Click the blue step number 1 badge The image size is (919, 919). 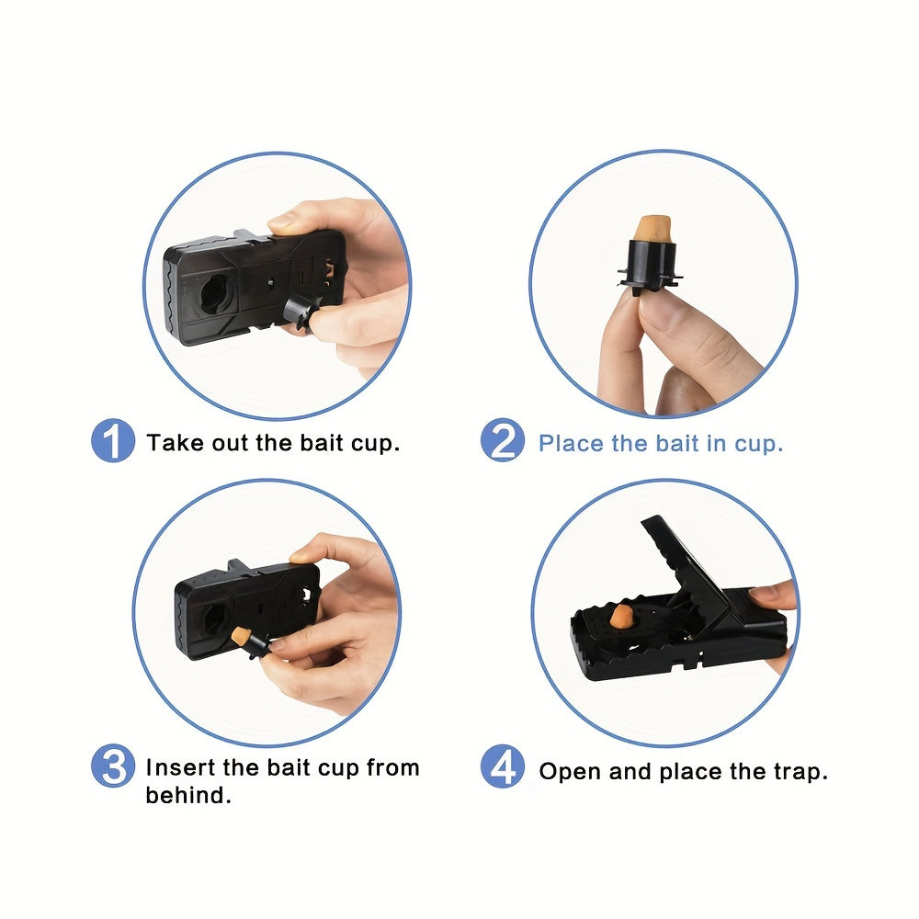[x=113, y=441]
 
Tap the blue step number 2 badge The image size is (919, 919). [x=503, y=440]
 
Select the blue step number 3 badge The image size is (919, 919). [x=113, y=766]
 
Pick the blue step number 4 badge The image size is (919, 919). [x=503, y=766]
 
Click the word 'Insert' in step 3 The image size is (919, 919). [x=180, y=767]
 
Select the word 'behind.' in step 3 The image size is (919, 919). [x=188, y=795]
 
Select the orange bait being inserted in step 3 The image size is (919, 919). [x=240, y=635]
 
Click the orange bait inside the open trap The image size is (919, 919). [x=620, y=616]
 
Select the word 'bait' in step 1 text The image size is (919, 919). [x=321, y=443]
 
